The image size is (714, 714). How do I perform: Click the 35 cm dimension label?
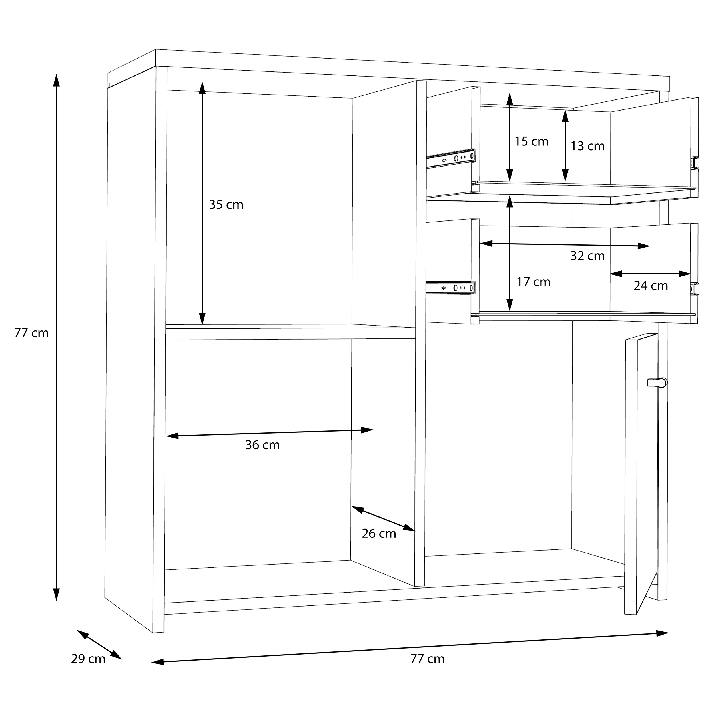point(226,205)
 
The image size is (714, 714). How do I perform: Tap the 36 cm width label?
point(262,445)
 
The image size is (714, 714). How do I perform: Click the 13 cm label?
point(587,146)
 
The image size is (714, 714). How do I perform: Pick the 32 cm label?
point(587,256)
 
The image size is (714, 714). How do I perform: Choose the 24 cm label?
point(651,286)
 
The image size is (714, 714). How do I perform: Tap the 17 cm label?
point(533,282)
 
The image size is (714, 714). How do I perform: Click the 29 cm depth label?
point(88,659)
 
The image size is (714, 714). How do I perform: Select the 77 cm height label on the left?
point(31,333)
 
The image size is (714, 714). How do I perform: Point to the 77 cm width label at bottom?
point(427,659)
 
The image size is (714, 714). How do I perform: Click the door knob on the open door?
point(657,382)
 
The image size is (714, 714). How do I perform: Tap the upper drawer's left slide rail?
point(451,158)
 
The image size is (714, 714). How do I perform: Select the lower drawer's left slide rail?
point(450,288)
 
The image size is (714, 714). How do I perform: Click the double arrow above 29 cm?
point(99,645)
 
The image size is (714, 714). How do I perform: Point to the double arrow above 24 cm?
point(650,274)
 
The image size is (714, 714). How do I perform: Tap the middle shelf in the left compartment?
point(290,332)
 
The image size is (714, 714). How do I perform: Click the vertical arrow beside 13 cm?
point(565,146)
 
